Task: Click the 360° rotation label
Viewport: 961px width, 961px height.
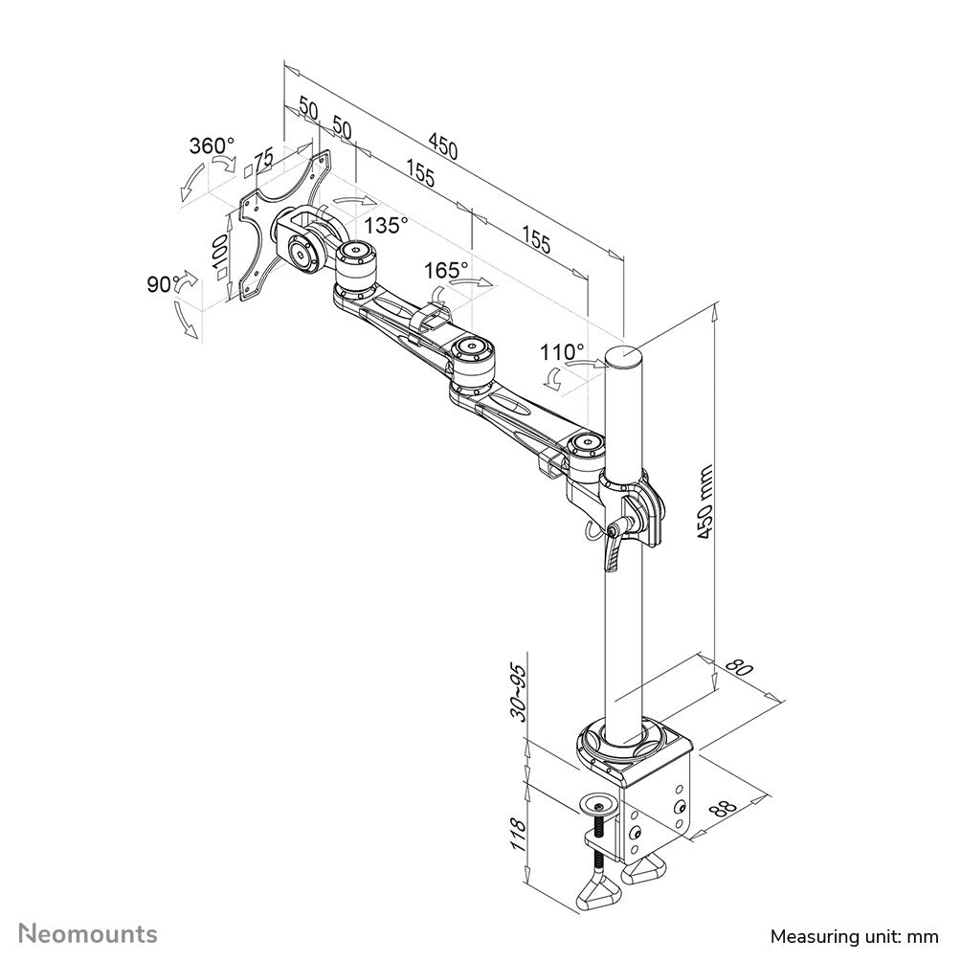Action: (x=212, y=146)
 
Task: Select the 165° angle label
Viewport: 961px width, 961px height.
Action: (x=447, y=271)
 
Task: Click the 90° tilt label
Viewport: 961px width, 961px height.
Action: (x=164, y=284)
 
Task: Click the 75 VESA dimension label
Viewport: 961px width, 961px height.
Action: (x=261, y=161)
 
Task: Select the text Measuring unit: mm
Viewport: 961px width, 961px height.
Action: (x=854, y=933)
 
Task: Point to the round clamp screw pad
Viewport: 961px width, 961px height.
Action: (x=599, y=802)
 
